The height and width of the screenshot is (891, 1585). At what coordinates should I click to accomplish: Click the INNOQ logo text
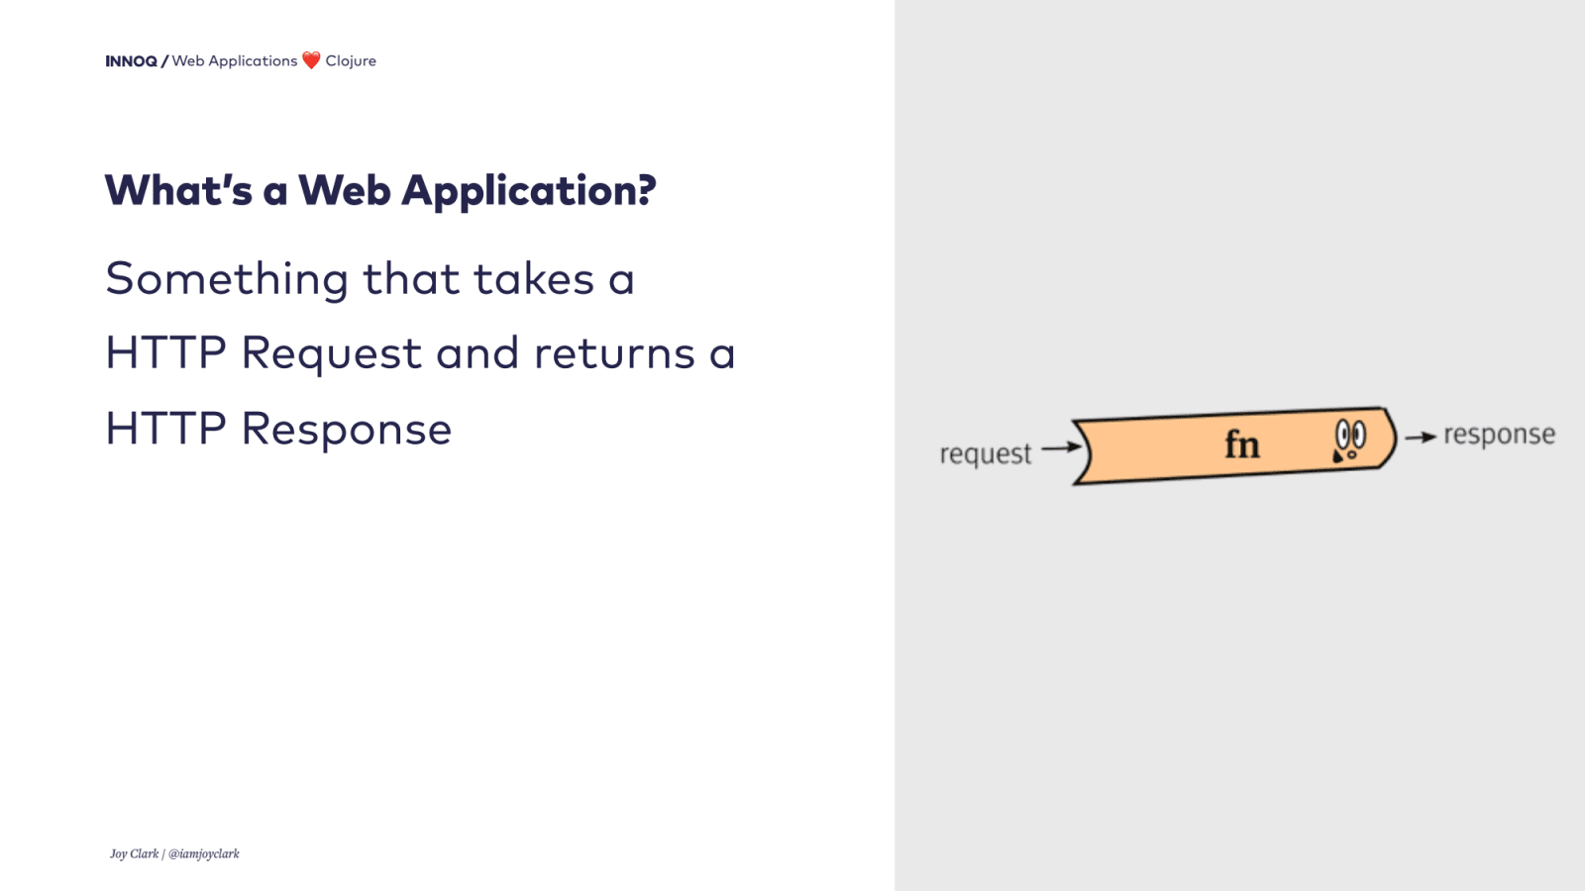coord(131,61)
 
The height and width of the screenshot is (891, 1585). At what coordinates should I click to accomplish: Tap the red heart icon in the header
coord(311,60)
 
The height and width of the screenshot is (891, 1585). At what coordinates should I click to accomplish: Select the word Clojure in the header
coord(351,61)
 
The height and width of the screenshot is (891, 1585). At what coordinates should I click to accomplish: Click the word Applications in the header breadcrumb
coord(253,61)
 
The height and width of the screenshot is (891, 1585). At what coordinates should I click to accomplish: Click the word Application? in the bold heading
coord(528,191)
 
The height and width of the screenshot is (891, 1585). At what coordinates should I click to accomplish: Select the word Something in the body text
coord(227,280)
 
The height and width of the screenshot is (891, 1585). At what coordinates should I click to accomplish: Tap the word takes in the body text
coord(533,279)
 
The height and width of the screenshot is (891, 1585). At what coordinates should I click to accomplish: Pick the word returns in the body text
coord(614,354)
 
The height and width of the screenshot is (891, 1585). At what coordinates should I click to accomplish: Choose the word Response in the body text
coord(346,430)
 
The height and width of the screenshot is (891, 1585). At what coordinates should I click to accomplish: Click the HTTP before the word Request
coord(165,353)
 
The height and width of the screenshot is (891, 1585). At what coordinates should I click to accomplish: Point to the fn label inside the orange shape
coord(1242,445)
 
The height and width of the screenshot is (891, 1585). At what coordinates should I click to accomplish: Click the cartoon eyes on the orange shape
coord(1349,437)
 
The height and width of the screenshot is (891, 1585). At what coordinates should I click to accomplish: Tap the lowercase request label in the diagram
coord(985,454)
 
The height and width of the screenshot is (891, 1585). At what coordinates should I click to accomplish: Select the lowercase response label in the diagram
coord(1499,435)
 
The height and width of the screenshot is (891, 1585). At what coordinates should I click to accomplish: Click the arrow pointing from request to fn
coord(1061,446)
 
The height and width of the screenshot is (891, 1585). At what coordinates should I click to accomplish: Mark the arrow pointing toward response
coord(1421,437)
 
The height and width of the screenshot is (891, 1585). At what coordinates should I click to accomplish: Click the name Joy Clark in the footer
coord(134,853)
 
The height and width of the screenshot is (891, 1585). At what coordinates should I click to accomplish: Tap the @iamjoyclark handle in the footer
coord(204,853)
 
